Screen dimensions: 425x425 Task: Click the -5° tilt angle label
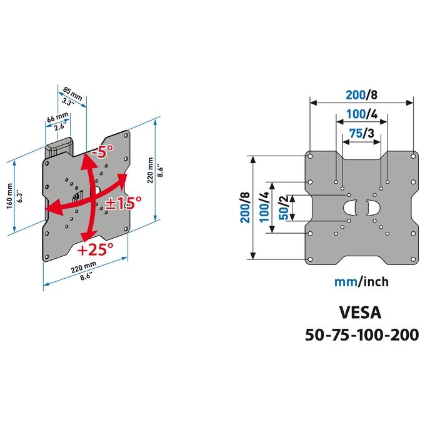click(x=102, y=151)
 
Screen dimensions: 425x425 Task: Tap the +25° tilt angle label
click(x=95, y=249)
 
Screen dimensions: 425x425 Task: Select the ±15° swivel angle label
click(x=123, y=202)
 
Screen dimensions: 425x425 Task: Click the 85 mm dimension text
click(x=72, y=93)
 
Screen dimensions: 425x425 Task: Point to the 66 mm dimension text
click(x=57, y=117)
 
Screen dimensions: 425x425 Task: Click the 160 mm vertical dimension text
click(x=10, y=196)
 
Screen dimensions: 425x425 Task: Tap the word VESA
click(x=360, y=312)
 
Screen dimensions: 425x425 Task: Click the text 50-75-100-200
click(x=362, y=335)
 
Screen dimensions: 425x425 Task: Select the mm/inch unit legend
click(x=362, y=282)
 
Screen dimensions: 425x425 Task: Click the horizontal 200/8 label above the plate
click(x=362, y=95)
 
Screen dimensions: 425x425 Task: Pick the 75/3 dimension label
click(x=362, y=133)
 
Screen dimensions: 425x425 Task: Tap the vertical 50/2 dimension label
click(x=284, y=208)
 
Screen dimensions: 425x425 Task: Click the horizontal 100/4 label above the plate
click(x=362, y=114)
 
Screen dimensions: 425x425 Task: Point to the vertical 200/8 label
click(x=245, y=207)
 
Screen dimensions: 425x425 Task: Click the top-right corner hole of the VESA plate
click(x=413, y=156)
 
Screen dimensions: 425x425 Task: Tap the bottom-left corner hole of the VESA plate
click(x=311, y=259)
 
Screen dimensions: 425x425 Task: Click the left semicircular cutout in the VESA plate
click(x=349, y=208)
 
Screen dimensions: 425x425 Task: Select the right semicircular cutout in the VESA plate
click(x=374, y=208)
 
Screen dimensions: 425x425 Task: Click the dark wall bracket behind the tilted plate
click(x=59, y=147)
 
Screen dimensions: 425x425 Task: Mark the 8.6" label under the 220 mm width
click(x=86, y=277)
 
